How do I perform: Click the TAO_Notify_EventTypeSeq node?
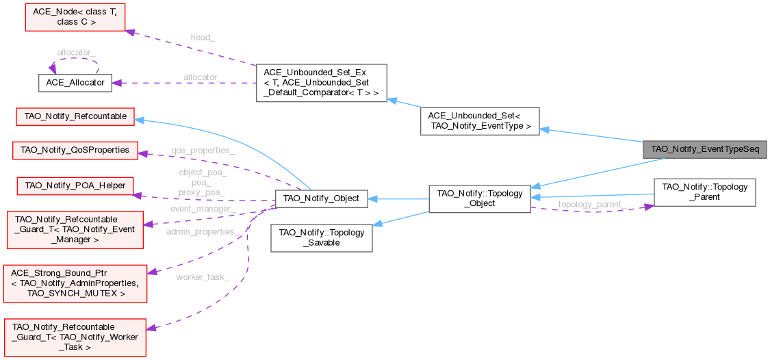click(704, 149)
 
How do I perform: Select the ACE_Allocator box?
click(75, 82)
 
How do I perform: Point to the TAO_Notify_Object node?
click(321, 198)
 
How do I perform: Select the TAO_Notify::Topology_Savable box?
click(322, 237)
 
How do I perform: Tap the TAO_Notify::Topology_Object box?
click(479, 198)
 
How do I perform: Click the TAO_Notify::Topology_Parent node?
click(704, 192)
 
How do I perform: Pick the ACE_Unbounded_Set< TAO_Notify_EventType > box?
click(480, 120)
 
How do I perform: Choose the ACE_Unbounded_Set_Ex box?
click(321, 83)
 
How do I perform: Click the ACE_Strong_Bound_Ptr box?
click(75, 281)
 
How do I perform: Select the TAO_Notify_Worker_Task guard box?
click(75, 337)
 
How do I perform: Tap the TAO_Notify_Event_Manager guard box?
click(75, 229)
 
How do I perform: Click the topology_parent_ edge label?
click(591, 204)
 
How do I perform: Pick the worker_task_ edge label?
click(202, 277)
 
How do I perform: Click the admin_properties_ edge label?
click(203, 233)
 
